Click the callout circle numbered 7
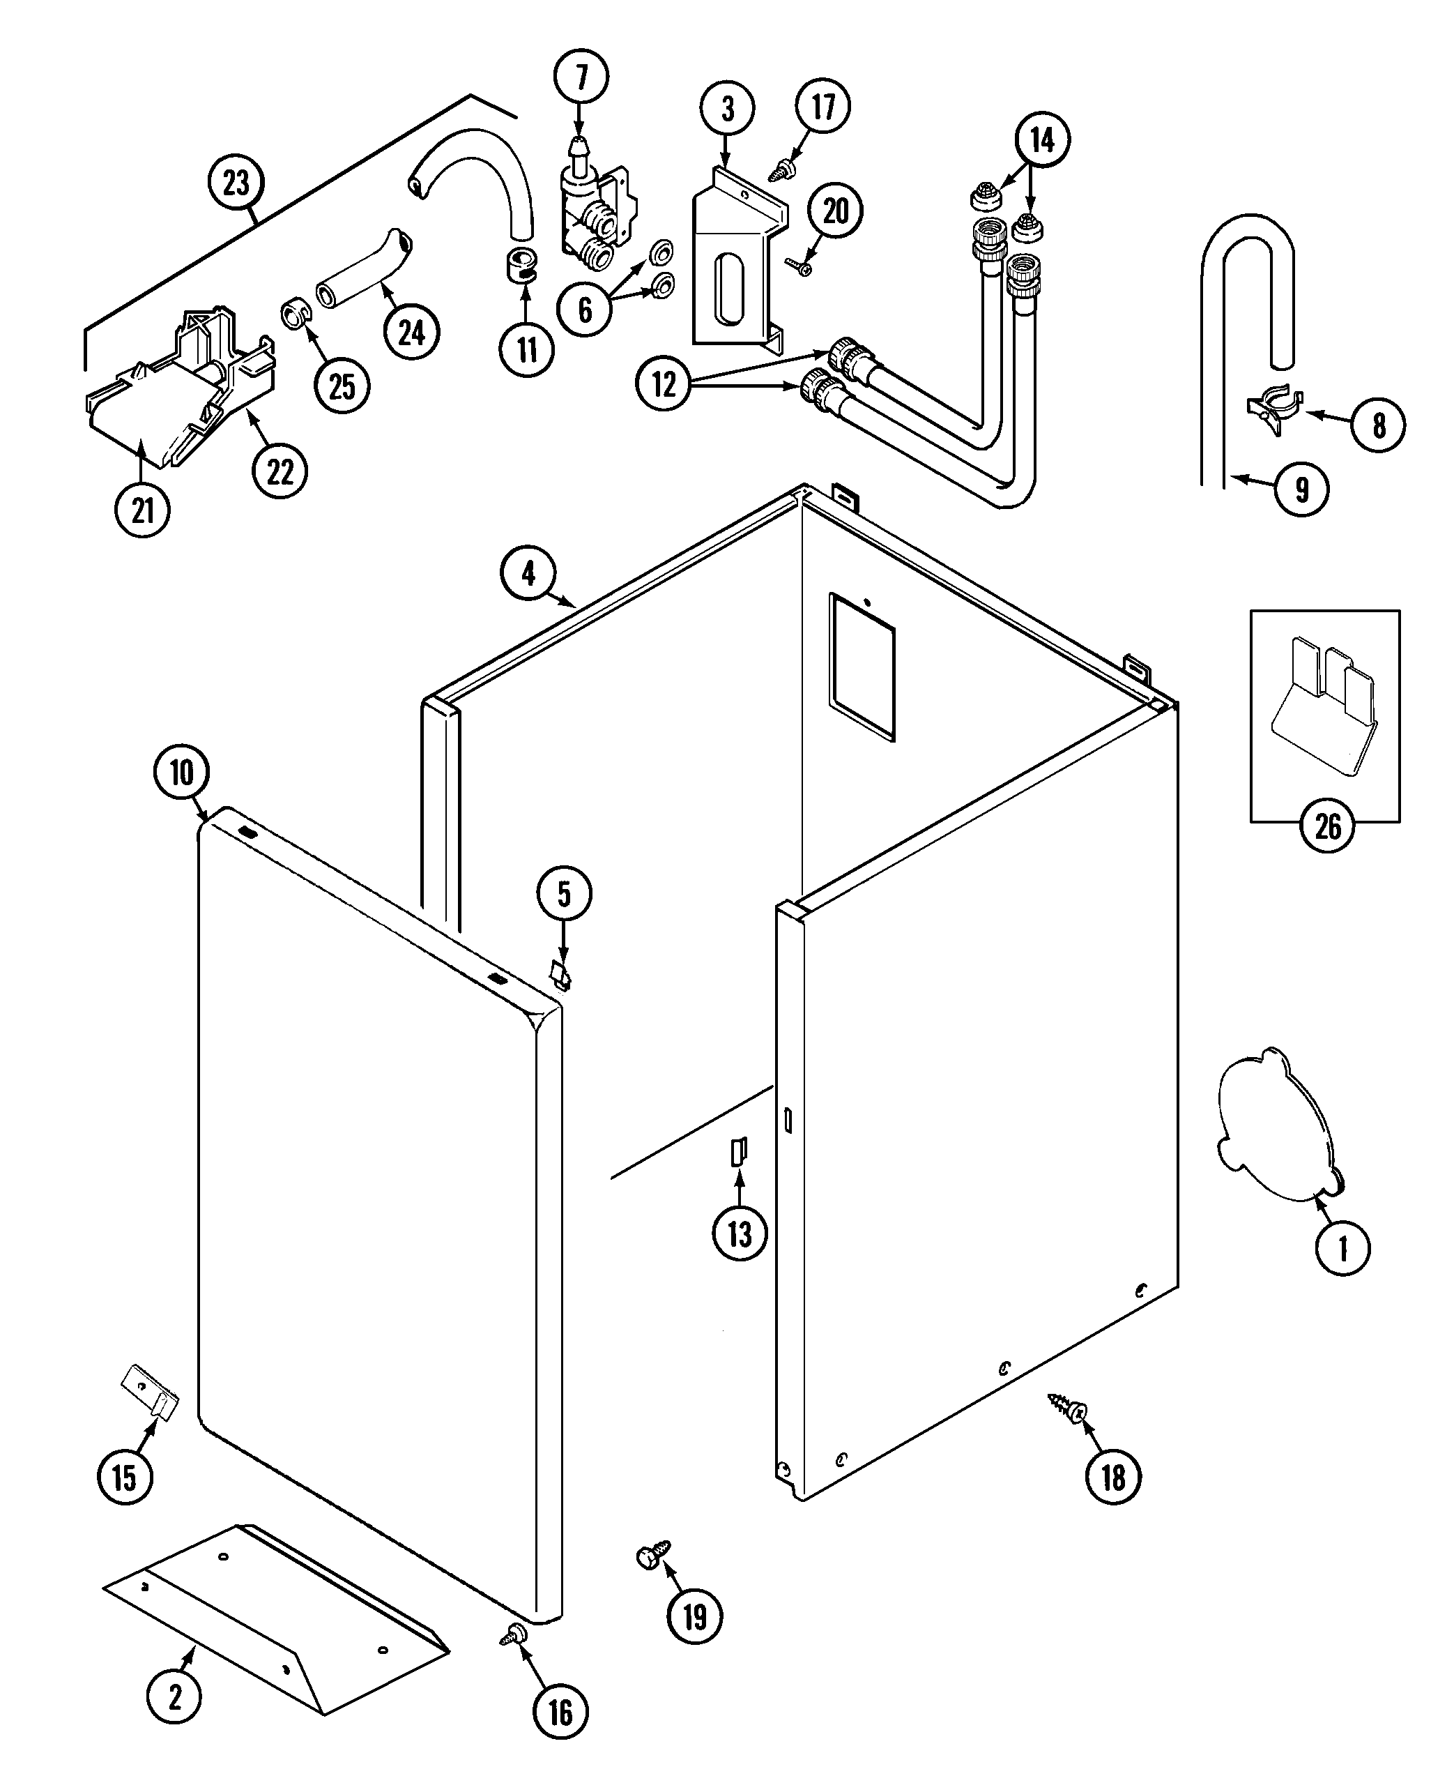(x=581, y=77)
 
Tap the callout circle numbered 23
(x=236, y=182)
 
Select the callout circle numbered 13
(x=740, y=1257)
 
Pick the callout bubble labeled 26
(x=1327, y=826)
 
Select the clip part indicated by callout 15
(x=151, y=1391)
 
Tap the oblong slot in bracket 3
(x=730, y=289)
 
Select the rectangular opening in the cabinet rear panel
(x=862, y=665)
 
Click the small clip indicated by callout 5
(x=561, y=974)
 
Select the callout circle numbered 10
(x=181, y=773)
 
